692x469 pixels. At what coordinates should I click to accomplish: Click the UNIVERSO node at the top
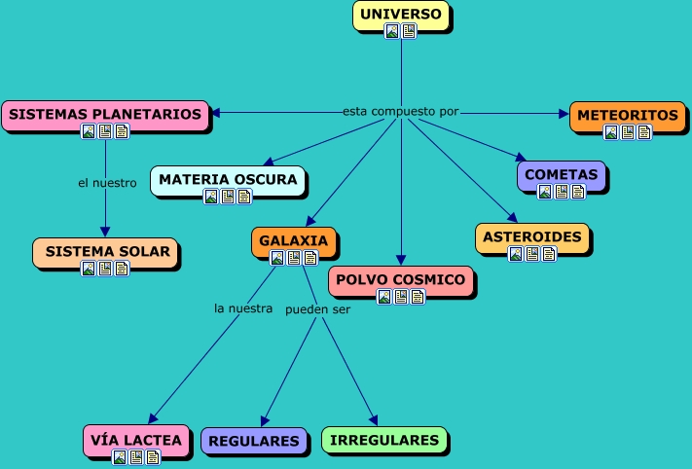(x=400, y=15)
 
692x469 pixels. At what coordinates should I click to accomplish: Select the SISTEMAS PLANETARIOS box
(x=105, y=115)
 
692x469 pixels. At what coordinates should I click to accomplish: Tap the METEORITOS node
(x=627, y=116)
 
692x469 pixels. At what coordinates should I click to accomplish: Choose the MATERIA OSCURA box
(x=228, y=180)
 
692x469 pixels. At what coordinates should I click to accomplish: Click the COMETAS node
(x=561, y=175)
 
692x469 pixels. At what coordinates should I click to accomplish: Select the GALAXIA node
(x=294, y=241)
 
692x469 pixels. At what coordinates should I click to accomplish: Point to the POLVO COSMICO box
(x=401, y=280)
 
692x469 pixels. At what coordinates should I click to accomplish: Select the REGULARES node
(x=254, y=442)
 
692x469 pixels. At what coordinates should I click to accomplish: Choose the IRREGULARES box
(x=384, y=441)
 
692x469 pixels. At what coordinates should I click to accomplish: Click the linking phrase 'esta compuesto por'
(x=400, y=112)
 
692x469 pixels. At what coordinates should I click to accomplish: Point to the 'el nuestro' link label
(x=106, y=182)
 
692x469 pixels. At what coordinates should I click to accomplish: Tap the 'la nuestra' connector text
(x=243, y=309)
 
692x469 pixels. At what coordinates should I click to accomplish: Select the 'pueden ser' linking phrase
(x=317, y=310)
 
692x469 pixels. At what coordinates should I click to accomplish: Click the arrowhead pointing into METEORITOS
(x=565, y=114)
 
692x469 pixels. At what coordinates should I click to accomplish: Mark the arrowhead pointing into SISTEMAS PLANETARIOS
(x=216, y=113)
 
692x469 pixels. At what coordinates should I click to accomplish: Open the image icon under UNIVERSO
(x=392, y=31)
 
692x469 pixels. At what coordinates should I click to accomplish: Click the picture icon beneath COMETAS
(x=545, y=192)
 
